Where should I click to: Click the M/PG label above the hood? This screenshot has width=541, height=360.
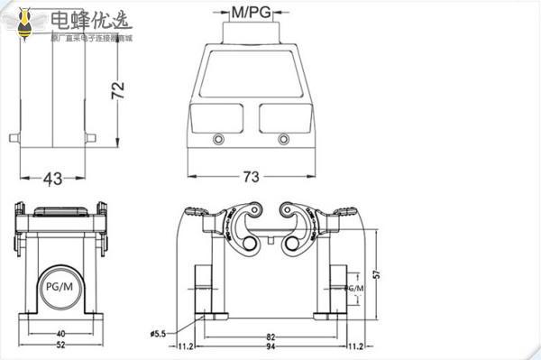(x=252, y=13)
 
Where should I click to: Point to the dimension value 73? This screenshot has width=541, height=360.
(x=252, y=177)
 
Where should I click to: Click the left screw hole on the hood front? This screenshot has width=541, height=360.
(x=218, y=139)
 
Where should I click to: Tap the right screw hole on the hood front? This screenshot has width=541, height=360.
(x=285, y=139)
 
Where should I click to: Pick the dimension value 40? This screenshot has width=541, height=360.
(x=60, y=332)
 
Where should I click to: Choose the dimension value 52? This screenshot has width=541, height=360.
(x=60, y=346)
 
